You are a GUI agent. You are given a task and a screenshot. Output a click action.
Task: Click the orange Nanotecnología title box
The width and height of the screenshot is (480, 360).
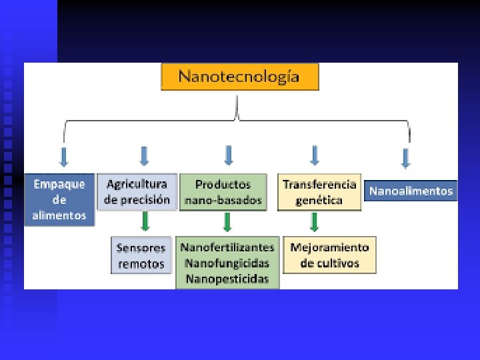click(240, 77)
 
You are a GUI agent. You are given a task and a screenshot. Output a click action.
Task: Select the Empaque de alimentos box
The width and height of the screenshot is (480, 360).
click(60, 199)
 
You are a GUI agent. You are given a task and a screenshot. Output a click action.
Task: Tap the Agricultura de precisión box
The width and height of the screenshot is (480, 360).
click(137, 192)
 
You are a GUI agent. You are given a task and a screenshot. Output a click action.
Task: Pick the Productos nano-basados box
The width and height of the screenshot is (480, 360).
click(223, 192)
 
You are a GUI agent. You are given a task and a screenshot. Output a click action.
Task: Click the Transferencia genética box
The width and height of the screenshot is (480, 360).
click(319, 192)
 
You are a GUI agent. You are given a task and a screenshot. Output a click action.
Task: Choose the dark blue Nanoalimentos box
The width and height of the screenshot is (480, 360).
click(411, 191)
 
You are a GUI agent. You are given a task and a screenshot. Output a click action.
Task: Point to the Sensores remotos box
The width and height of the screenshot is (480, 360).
click(141, 255)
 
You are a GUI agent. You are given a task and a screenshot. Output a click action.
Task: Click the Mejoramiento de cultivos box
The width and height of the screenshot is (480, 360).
click(329, 255)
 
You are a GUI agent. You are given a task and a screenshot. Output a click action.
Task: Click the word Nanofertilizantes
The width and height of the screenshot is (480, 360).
click(227, 247)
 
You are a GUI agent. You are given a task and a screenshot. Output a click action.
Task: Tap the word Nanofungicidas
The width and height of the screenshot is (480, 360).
click(227, 263)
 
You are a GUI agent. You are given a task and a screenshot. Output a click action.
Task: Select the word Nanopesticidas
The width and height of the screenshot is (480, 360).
click(227, 279)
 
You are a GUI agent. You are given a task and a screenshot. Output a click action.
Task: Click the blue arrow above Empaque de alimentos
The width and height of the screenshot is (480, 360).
click(64, 156)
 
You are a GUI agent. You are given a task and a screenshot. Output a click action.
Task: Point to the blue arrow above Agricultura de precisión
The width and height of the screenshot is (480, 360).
click(144, 156)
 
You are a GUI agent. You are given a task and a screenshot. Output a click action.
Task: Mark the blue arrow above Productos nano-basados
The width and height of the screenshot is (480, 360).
click(229, 155)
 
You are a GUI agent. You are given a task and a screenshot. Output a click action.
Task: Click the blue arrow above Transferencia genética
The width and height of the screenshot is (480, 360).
click(315, 155)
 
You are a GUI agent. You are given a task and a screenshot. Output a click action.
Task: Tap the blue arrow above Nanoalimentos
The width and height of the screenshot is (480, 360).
click(405, 157)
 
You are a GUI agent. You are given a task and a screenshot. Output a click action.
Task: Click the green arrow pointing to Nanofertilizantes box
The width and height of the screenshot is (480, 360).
click(227, 221)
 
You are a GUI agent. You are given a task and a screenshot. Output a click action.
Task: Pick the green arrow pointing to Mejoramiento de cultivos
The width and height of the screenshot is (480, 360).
click(315, 221)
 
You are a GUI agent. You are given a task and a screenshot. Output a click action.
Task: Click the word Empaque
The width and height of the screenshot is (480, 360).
click(60, 185)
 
